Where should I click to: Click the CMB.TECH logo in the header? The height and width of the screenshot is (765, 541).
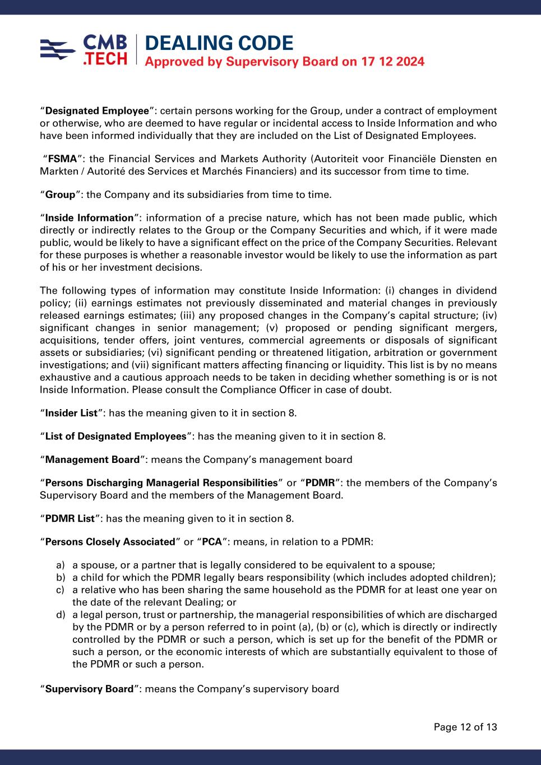click(x=84, y=50)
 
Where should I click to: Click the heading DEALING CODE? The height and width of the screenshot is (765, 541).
click(x=219, y=43)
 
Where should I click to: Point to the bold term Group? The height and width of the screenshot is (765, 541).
click(x=60, y=194)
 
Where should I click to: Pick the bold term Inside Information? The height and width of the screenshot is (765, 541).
click(x=89, y=218)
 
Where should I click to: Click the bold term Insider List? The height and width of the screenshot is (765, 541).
click(x=71, y=413)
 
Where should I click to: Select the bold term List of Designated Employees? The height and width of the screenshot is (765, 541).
click(x=115, y=437)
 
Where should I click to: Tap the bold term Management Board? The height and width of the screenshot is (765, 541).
click(x=92, y=460)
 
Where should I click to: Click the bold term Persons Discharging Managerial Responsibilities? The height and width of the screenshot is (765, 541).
click(x=161, y=483)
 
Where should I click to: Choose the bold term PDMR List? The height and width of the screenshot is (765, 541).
click(x=70, y=518)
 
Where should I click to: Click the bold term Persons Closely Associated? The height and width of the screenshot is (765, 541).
click(x=110, y=542)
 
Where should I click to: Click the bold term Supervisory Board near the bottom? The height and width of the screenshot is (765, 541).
click(x=89, y=689)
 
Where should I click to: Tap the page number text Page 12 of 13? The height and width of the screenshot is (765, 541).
click(x=465, y=727)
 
